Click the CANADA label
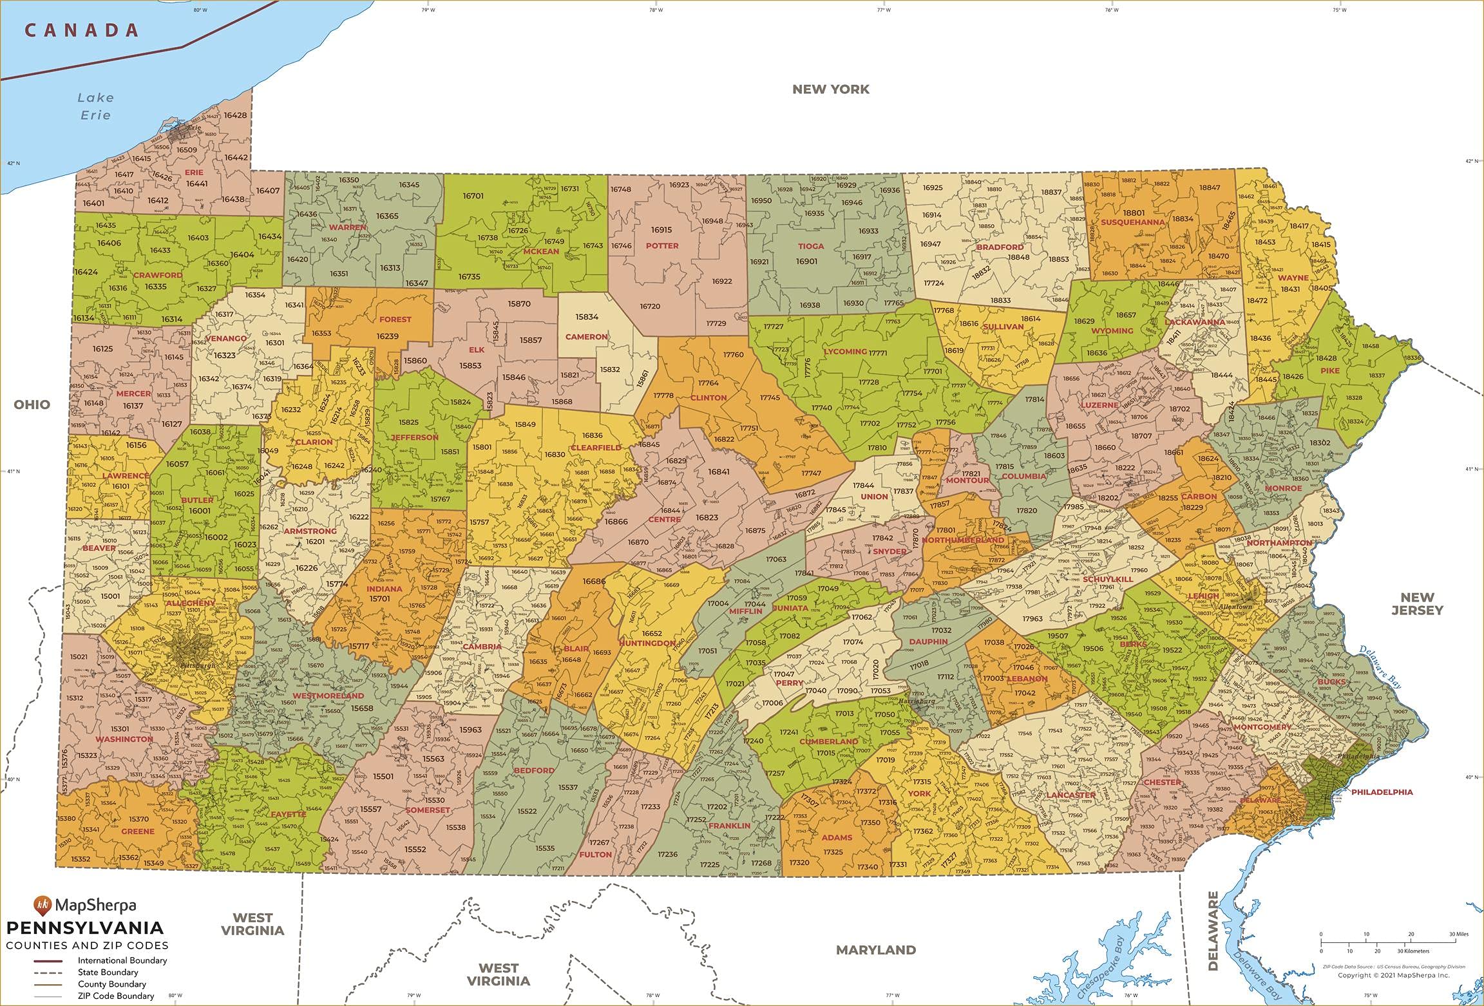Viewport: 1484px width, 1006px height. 82,30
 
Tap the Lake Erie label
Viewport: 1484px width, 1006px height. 95,106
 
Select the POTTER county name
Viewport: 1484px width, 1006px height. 662,245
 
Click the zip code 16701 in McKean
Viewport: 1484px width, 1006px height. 473,196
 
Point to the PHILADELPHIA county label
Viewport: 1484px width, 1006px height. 1382,792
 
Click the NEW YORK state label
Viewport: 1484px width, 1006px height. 830,90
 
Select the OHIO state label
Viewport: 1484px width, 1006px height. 32,404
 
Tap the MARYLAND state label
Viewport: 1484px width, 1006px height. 875,950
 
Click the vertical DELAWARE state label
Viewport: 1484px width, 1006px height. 1213,930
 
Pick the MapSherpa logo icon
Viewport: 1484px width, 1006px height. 42,905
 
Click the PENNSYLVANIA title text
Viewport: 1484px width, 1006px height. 85,928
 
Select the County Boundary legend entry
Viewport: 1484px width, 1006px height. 112,984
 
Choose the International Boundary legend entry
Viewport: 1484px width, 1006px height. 122,960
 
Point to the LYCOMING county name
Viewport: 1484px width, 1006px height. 845,352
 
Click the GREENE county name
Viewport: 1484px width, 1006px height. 138,831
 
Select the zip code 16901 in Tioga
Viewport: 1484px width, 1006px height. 806,261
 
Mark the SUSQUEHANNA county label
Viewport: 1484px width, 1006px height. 1132,222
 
